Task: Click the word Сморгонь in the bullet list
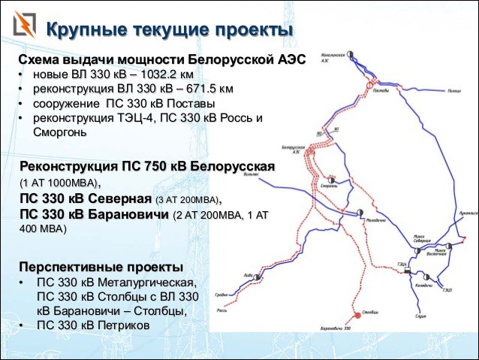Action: point(60,132)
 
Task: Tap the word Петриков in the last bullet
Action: point(117,325)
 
